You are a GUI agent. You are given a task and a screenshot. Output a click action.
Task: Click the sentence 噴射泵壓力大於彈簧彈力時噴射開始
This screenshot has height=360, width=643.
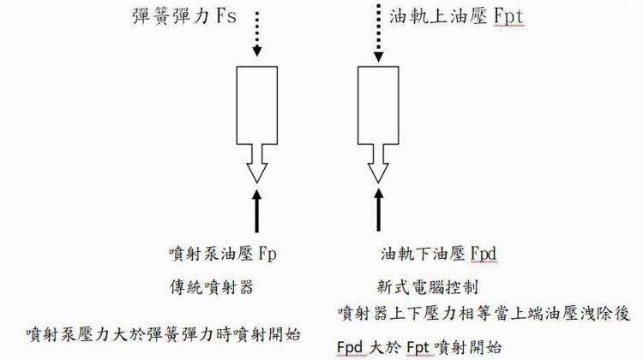pos(168,331)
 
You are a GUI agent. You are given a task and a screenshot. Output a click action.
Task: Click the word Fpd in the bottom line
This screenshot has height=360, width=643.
pos(351,347)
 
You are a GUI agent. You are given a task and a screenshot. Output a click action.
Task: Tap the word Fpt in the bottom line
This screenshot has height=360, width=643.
pos(417,347)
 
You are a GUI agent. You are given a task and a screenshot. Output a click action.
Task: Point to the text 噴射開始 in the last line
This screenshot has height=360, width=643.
pos(468,347)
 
